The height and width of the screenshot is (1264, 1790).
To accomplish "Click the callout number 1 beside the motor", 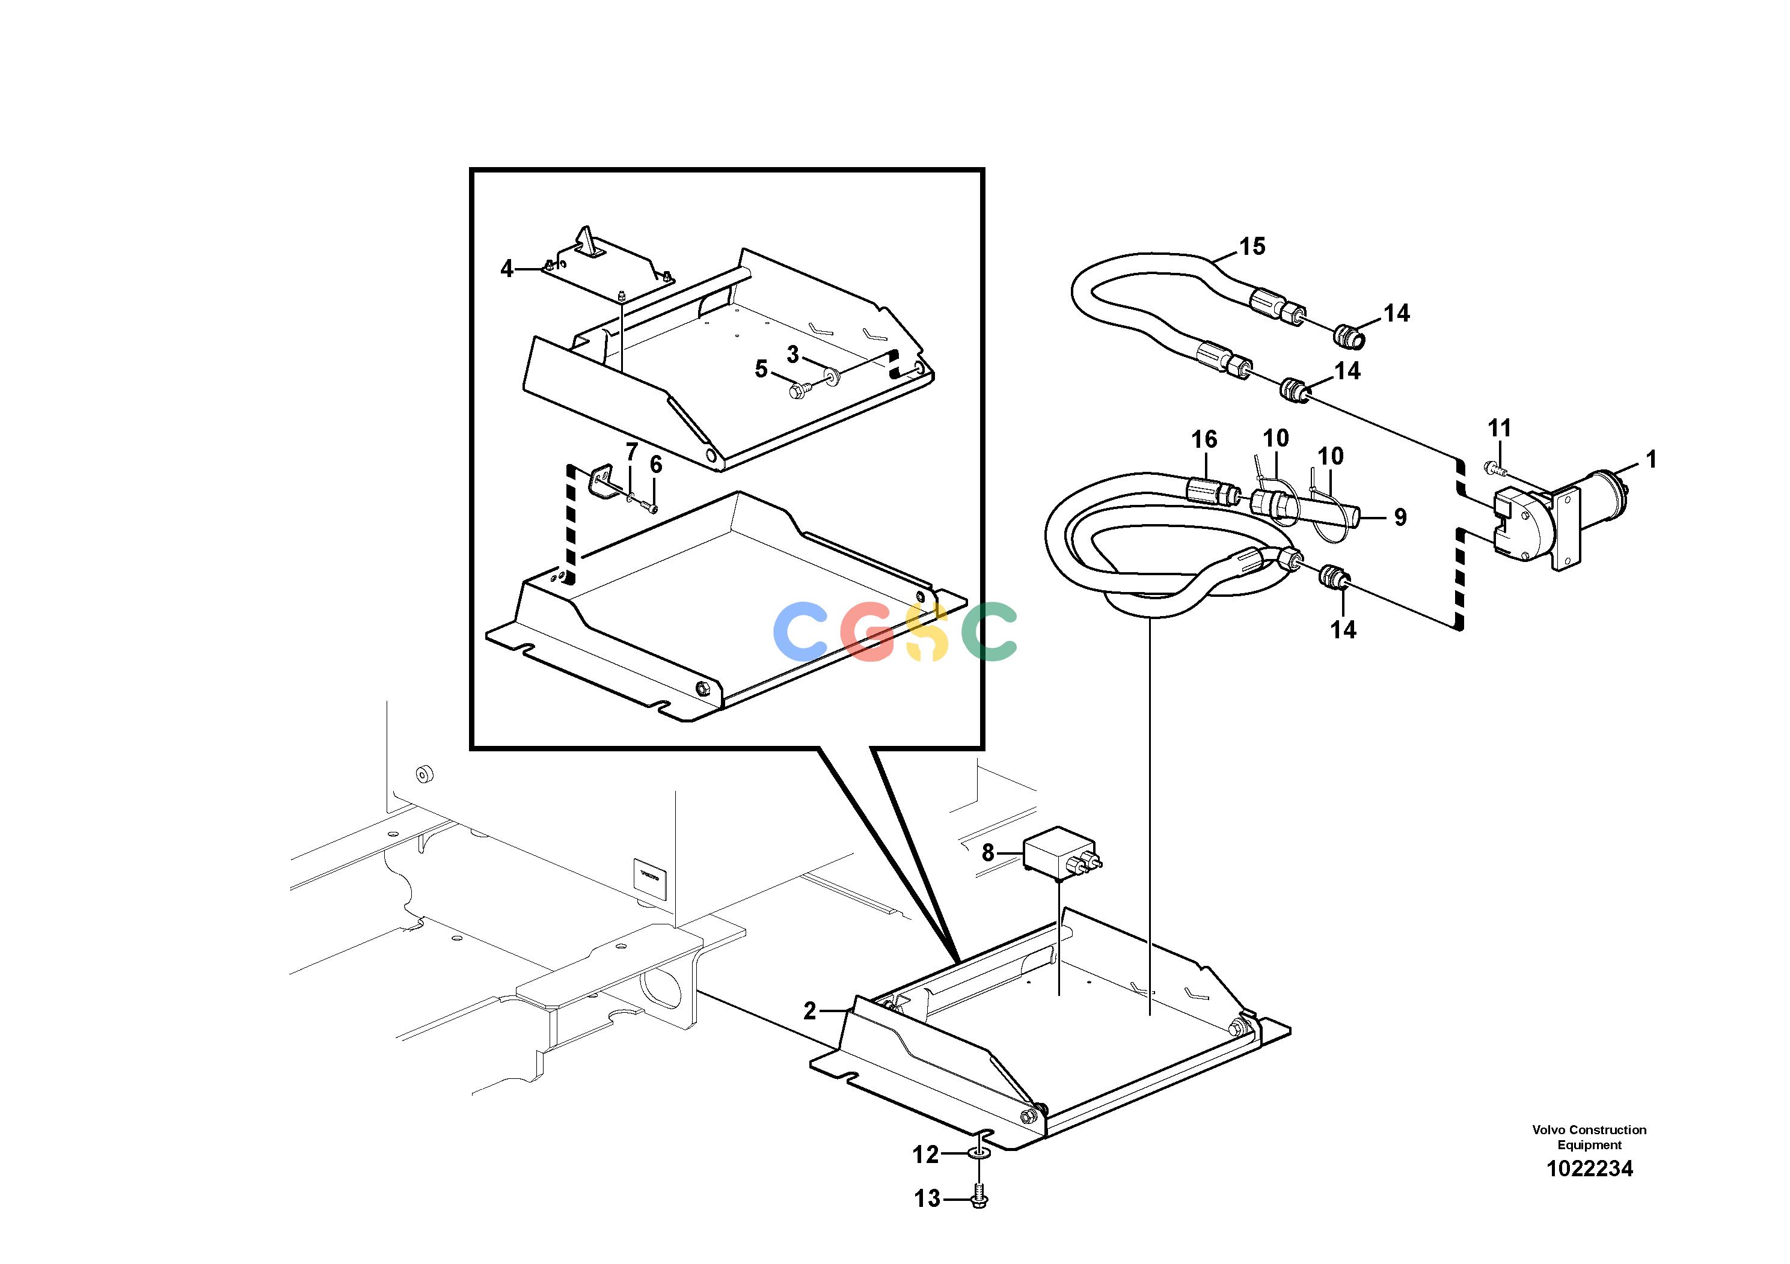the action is coord(1650,460).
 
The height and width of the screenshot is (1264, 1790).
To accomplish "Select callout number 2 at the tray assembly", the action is coord(809,1011).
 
